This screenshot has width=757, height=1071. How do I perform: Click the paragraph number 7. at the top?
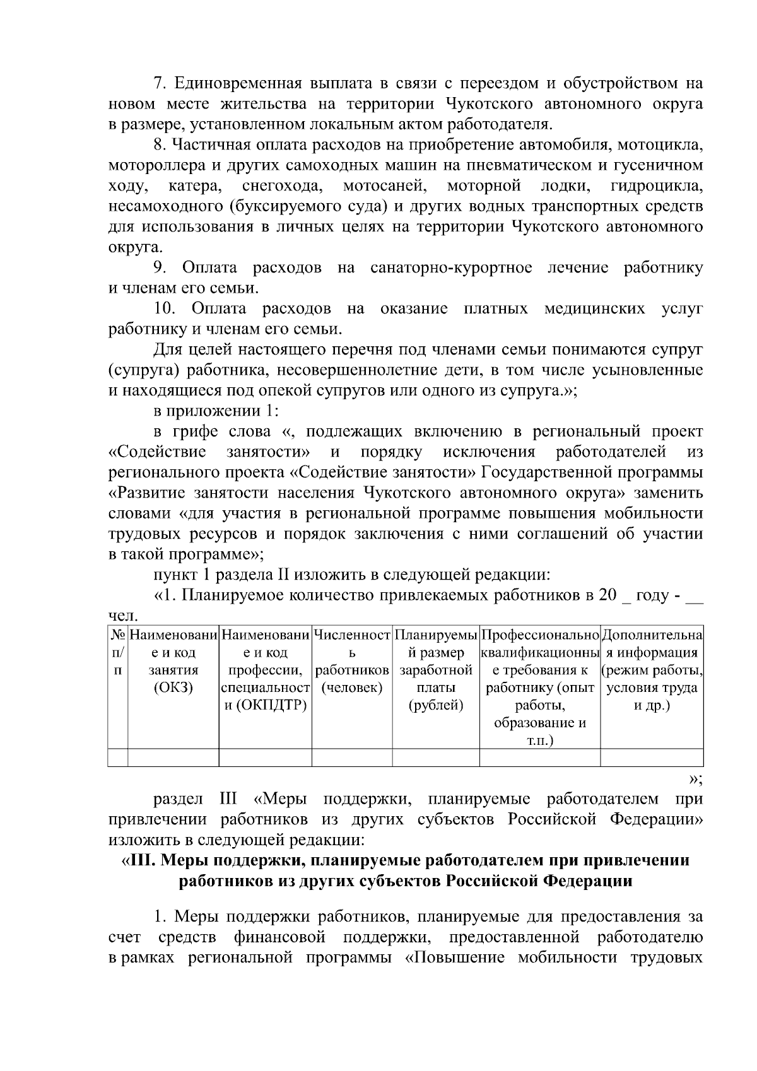point(160,83)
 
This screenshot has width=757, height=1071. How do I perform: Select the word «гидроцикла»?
point(657,186)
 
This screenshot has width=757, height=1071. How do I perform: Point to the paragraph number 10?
point(165,309)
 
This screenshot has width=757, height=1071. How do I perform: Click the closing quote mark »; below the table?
point(696,780)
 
